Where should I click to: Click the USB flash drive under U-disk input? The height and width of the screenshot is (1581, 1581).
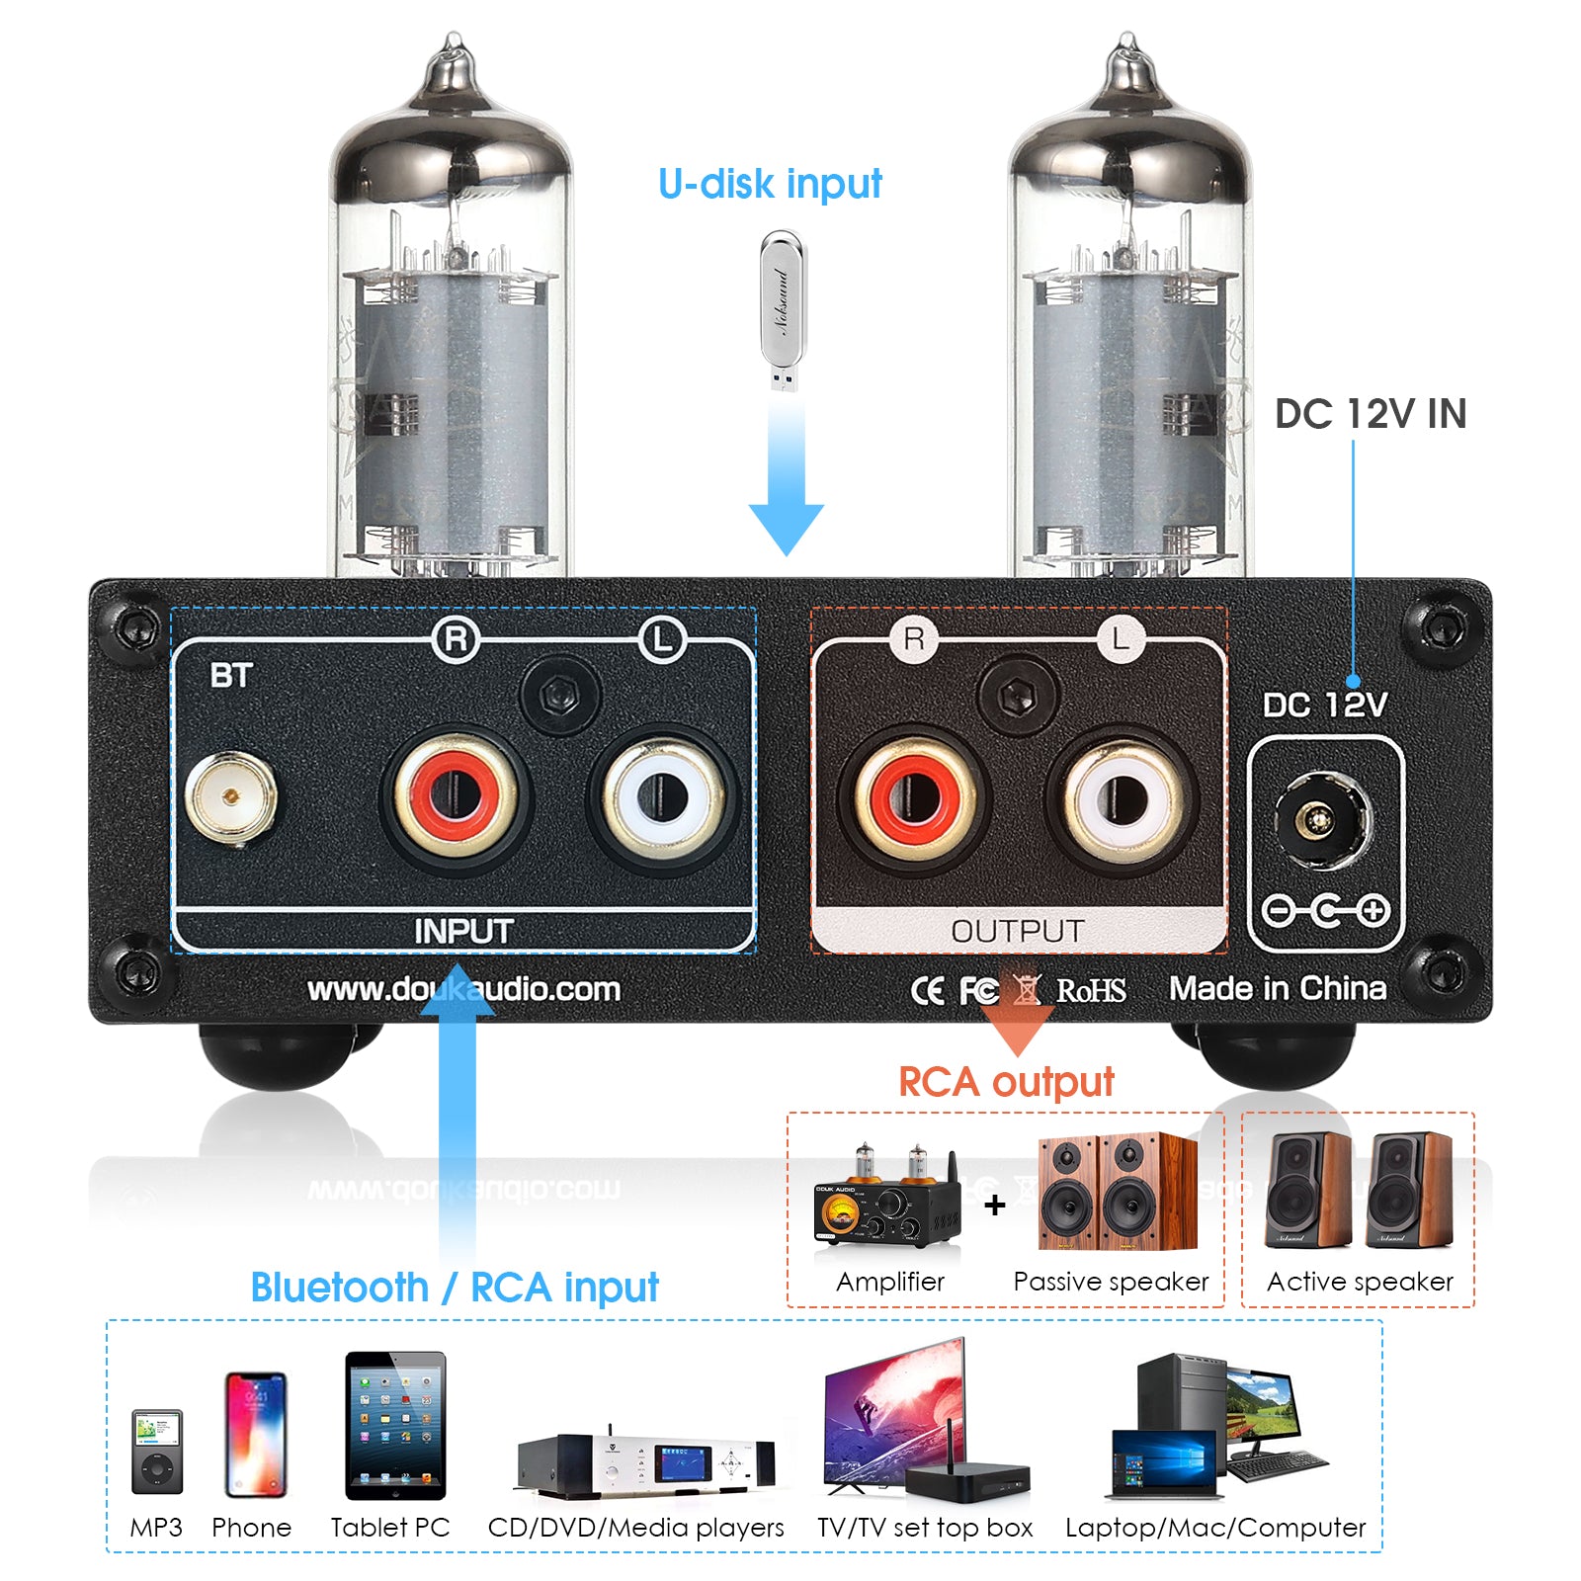point(783,310)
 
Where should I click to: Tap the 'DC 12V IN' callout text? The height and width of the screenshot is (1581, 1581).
point(1370,414)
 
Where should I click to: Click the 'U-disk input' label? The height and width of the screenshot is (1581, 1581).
point(770,185)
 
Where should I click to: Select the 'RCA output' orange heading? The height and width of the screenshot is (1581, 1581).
point(1005,1082)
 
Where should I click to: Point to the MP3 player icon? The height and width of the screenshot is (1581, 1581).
point(157,1451)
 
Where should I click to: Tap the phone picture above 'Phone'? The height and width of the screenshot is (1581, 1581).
point(255,1434)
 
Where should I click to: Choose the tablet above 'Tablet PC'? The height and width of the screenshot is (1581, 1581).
point(395,1424)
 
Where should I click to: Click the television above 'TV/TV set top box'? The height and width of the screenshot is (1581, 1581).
point(894,1411)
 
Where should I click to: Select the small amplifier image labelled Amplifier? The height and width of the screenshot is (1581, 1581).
point(884,1199)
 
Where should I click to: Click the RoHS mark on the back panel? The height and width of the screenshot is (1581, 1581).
point(1091,990)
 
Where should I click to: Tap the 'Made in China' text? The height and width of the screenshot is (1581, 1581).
point(1277,988)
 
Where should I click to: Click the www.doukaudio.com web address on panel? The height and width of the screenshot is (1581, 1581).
point(463,989)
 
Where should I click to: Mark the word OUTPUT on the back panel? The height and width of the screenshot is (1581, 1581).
point(1017,931)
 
